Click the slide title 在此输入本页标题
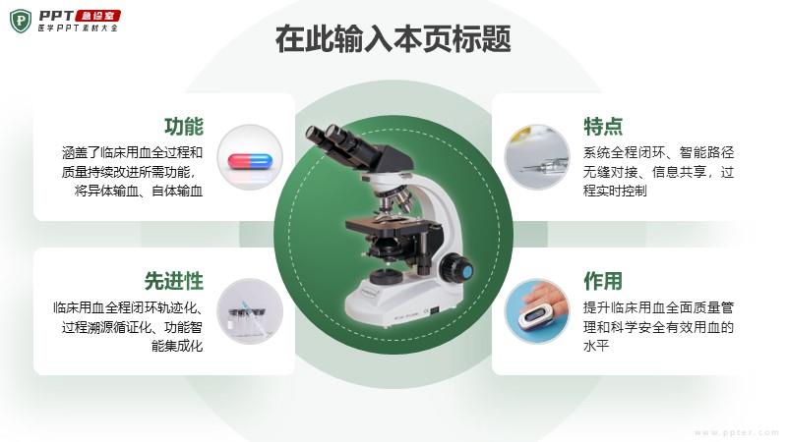pos(393,38)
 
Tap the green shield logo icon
pos(21,21)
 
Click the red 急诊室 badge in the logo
pos(97,16)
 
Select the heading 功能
pos(184,127)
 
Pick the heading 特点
pos(603,127)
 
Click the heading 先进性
pos(174,281)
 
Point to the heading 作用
pos(603,281)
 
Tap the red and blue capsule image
pos(250,161)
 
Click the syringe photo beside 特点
pos(537,157)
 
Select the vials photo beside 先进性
pos(250,311)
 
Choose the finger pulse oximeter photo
pos(537,311)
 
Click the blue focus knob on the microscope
pos(466,272)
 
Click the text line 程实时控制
pos(615,191)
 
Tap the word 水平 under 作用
pos(596,346)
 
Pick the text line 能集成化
pos(177,346)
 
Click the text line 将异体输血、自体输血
pos(139,191)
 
